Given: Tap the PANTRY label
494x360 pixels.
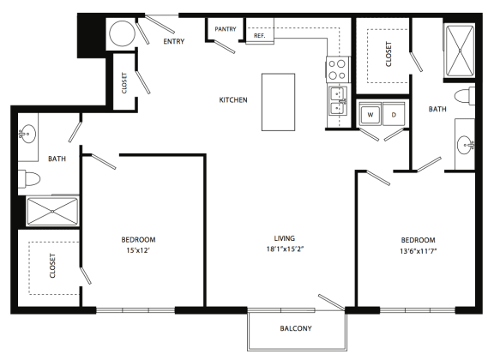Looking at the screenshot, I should point(226,29).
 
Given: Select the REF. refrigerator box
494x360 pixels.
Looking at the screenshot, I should point(259,35).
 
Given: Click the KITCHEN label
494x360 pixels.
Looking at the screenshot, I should point(233,100).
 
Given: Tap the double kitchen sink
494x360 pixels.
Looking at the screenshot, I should point(336,100).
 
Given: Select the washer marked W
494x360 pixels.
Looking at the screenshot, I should point(370,113).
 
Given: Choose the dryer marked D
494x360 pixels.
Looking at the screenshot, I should point(394,113).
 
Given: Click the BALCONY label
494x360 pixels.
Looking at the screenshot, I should point(295,329).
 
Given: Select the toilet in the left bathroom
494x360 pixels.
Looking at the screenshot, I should point(30,179).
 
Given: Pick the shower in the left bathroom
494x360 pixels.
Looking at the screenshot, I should point(51,212).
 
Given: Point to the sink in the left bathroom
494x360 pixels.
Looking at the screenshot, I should point(28,135).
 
